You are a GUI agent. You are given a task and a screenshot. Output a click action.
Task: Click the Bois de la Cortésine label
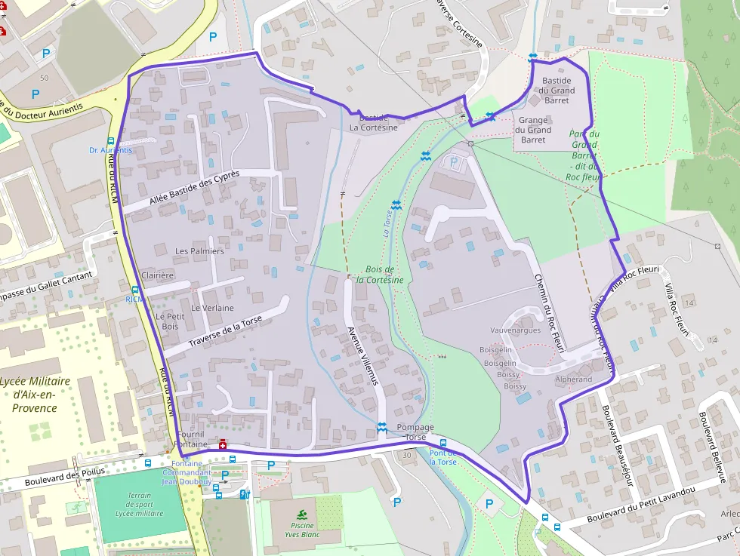[x=380, y=275]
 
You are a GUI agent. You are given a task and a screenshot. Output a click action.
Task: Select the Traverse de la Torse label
[x=225, y=333]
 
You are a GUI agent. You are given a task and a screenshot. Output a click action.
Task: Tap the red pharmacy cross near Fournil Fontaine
[x=222, y=444]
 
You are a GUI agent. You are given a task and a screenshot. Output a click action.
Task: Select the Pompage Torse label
[x=415, y=432]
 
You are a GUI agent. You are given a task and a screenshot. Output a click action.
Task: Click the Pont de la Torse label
[x=443, y=457]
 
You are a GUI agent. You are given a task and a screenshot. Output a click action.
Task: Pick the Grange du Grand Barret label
[x=532, y=130]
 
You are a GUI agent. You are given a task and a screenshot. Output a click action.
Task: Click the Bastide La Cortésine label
[x=373, y=123]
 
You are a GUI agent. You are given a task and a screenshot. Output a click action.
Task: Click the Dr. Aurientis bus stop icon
[x=112, y=141]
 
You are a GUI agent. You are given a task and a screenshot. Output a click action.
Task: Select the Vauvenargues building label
[x=515, y=330]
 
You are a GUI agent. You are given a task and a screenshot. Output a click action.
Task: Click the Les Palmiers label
[x=199, y=250]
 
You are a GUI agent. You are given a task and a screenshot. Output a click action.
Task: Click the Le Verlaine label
[x=212, y=308]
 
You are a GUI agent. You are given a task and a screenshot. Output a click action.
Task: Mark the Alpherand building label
[x=573, y=379]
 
